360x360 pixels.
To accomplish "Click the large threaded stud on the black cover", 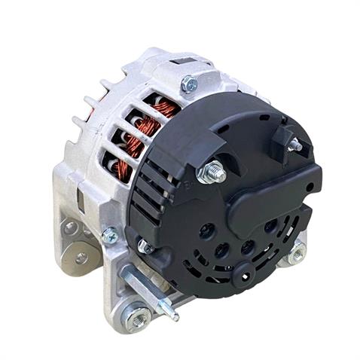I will click(212, 172).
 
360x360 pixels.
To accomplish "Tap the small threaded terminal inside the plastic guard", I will click(293, 143).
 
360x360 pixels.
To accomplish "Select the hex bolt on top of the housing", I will click(189, 84).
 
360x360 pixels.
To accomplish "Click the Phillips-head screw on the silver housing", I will click(110, 236).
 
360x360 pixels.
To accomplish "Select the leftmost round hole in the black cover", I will click(203, 230).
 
